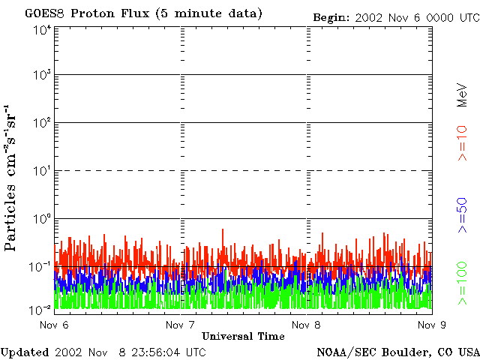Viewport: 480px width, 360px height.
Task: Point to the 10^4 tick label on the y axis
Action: point(42,30)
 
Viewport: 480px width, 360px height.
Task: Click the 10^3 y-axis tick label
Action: point(42,76)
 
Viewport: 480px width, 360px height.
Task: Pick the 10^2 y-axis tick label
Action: point(42,123)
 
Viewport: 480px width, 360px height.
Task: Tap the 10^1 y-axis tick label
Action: point(42,171)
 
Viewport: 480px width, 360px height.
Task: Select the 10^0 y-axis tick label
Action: point(42,219)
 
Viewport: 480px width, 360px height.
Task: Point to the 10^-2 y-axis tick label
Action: point(41,310)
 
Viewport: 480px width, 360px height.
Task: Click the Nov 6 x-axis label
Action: point(54,325)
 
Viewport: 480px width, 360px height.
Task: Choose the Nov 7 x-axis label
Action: point(180,325)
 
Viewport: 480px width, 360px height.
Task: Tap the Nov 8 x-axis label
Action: point(305,325)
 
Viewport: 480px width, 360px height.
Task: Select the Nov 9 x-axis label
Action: point(431,325)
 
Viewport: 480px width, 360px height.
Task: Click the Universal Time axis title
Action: point(243,336)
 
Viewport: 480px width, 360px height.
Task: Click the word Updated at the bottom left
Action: point(25,352)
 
